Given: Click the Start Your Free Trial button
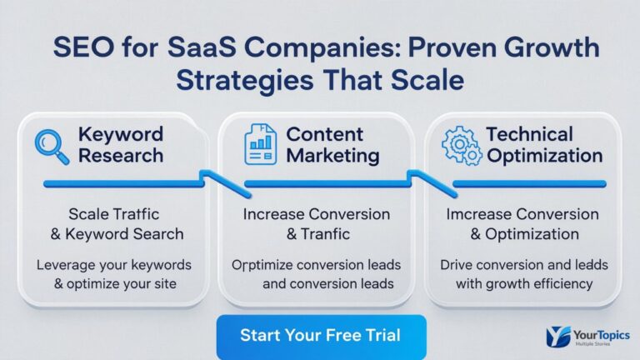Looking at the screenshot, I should point(321,336).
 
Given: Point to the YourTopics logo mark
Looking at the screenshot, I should point(558,335).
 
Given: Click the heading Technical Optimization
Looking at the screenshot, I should point(544,144).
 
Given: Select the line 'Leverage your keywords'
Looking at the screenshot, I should point(114,265).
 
